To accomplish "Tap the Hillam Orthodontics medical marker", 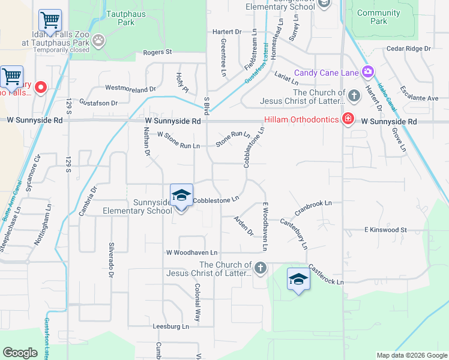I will click(347, 118).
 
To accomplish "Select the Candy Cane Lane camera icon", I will click(367, 73).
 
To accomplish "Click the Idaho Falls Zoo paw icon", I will click(98, 40).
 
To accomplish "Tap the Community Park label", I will click(378, 17).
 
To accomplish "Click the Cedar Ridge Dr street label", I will click(409, 48).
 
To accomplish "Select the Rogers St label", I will click(157, 52).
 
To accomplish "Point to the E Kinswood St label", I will click(385, 230).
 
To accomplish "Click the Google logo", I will click(20, 353).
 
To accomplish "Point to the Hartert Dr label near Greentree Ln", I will click(226, 31).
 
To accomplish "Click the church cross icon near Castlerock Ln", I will click(261, 268).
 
